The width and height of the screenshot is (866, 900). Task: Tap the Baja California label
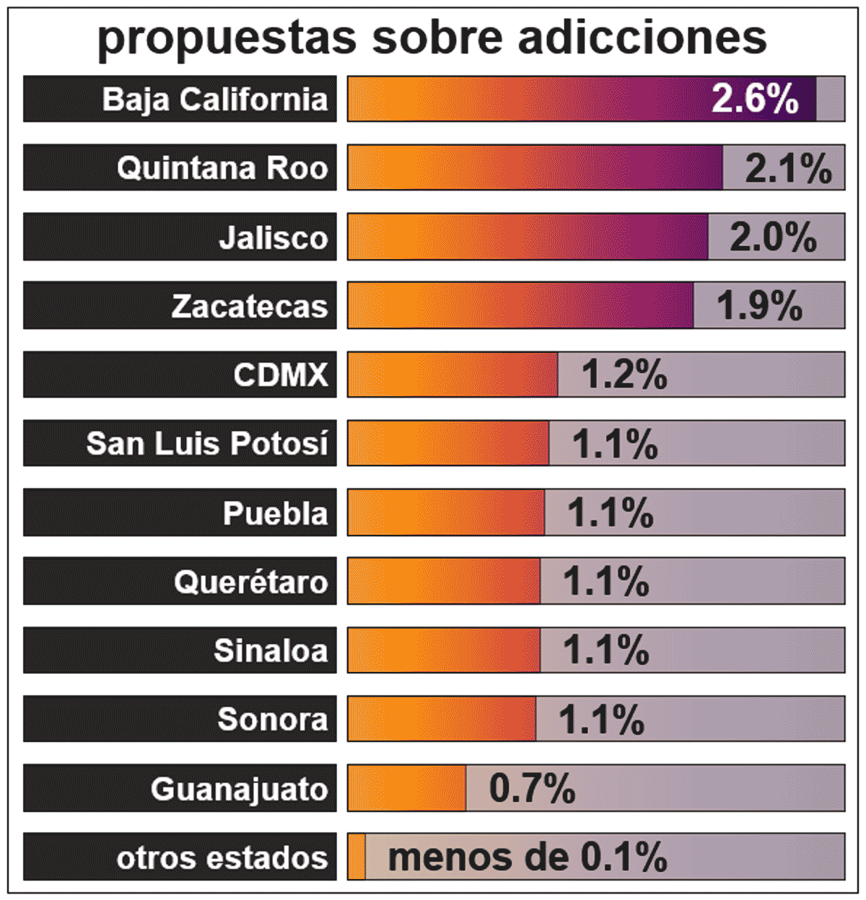[x=214, y=99]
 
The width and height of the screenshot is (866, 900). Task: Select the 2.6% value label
[x=755, y=98]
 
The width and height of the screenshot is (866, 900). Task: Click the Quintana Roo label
[x=222, y=167]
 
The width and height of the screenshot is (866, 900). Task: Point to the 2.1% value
[x=788, y=168]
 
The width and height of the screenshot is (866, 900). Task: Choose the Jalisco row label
[x=273, y=237]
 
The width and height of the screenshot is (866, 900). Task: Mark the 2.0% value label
[x=773, y=237]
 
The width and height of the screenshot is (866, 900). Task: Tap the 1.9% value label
[x=759, y=306]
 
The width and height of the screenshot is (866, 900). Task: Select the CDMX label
[x=280, y=375]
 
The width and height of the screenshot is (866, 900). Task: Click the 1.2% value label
[x=624, y=375]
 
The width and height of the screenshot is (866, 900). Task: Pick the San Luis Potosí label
[x=207, y=443]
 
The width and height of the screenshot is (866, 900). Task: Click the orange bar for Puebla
[x=446, y=512]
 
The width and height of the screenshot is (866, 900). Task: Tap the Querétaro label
[x=250, y=582]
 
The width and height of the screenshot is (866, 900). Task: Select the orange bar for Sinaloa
[x=444, y=650]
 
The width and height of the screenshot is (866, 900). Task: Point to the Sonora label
[x=272, y=719]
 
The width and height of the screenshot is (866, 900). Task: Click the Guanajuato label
[x=239, y=788]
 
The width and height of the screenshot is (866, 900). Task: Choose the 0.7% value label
[x=532, y=788]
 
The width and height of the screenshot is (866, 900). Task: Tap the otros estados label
[x=222, y=857]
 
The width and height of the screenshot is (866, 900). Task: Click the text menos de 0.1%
[x=528, y=857]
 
